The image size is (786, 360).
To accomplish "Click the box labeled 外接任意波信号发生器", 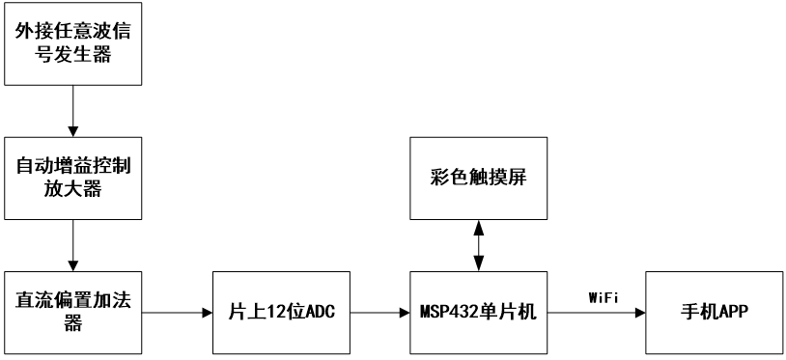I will pos(73,43).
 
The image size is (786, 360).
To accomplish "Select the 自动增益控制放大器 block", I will pos(73,177).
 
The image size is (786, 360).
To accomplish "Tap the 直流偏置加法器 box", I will pos(73,311).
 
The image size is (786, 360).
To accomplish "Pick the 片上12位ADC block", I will pos(279,311).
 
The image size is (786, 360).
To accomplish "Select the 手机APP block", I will pos(716,311).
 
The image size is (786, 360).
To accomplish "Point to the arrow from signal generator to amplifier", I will pos(73,110).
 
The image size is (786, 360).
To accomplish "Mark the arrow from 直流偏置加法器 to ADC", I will pos(178,311).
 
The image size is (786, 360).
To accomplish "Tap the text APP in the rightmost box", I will pos(733,311).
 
